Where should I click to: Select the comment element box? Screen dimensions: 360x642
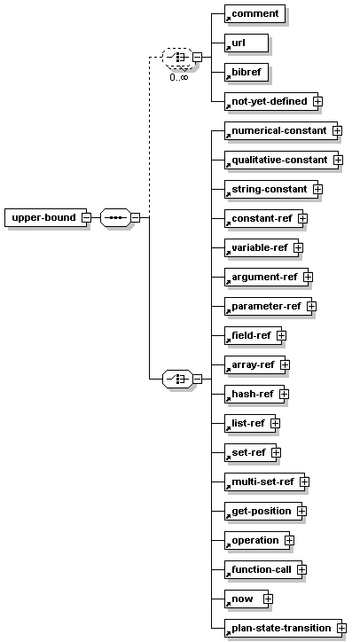point(254,14)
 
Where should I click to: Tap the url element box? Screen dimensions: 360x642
point(247,43)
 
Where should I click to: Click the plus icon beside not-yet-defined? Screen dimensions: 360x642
point(317,102)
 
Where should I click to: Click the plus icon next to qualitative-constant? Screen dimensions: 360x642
point(338,160)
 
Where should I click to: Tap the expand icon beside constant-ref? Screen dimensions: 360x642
point(302,219)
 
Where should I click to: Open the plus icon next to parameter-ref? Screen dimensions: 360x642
point(311,306)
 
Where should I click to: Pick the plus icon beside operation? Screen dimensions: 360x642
point(289,540)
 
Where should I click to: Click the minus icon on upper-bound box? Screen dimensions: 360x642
point(86,218)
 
